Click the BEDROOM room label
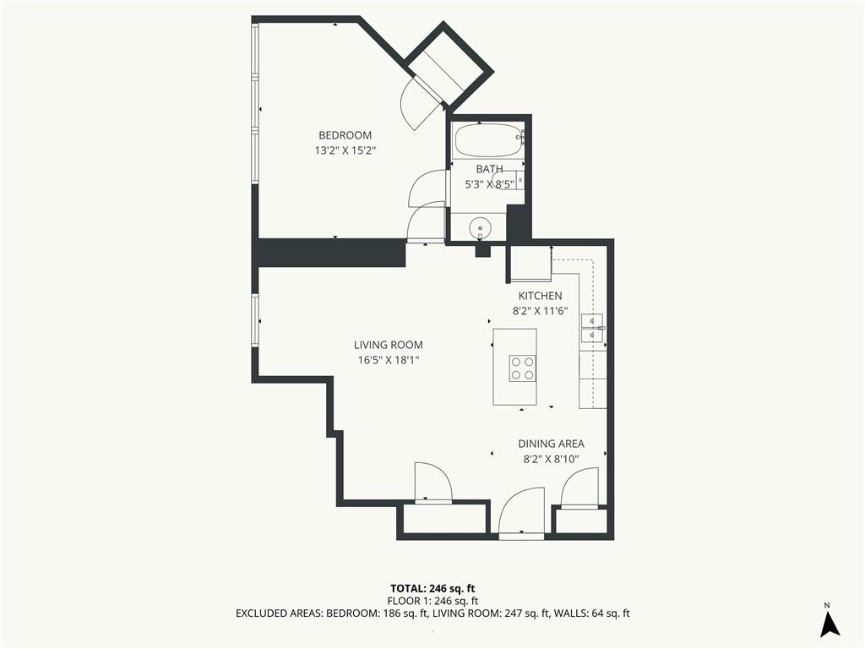coord(345,135)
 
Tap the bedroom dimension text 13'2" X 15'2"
coord(345,150)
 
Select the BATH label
coord(489,169)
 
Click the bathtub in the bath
coord(487,141)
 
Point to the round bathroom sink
coord(480,227)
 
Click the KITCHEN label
coord(540,296)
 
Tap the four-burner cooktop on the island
coord(522,368)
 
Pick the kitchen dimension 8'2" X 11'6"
coord(540,311)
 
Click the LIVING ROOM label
coord(389,345)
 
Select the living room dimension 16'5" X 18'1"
coord(389,360)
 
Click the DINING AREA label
coord(551,444)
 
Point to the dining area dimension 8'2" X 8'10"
coord(551,459)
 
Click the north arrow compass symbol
coord(830,624)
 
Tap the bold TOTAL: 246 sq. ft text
coord(432,588)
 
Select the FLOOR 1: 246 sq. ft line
coord(432,601)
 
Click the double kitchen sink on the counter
coord(592,328)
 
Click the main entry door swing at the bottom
coord(521,510)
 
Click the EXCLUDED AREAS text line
coord(432,614)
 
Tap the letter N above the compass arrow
coord(827,605)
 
